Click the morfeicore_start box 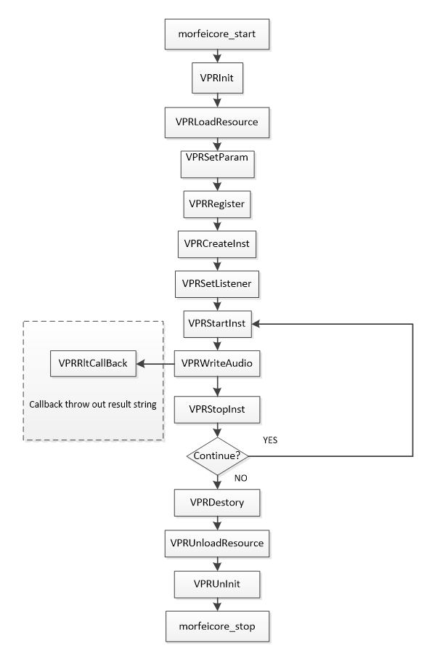click(216, 34)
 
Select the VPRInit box click(217, 78)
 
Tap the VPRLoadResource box click(216, 122)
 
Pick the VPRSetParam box click(217, 164)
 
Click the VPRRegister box click(216, 204)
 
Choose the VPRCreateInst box click(216, 244)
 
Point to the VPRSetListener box click(216, 283)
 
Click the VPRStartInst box click(217, 323)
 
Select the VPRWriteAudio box click(216, 363)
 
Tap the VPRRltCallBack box click(93, 363)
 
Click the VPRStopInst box click(216, 409)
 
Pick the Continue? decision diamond click(217, 455)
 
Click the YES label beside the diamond click(270, 440)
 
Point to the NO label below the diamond click(240, 478)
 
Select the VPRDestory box click(216, 503)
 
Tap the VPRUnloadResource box click(216, 543)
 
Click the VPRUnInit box click(216, 584)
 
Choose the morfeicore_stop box click(217, 626)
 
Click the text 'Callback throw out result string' click(93, 405)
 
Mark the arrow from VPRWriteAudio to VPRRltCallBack click(155, 363)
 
